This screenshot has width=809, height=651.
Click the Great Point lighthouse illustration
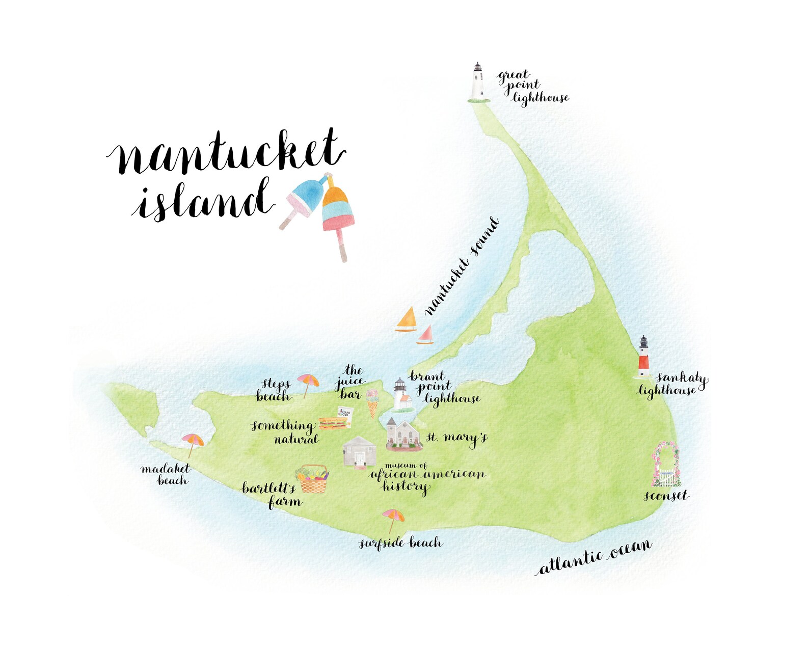[x=477, y=83]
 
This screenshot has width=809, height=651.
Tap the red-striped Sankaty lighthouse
[x=644, y=358]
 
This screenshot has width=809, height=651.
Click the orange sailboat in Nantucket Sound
[x=407, y=320]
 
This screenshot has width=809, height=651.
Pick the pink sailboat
[x=425, y=336]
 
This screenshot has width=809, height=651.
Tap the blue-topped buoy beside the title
[x=305, y=199]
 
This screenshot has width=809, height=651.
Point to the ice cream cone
[x=372, y=402]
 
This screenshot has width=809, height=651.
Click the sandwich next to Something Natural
[x=333, y=423]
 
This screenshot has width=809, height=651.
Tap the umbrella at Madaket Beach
[x=193, y=442]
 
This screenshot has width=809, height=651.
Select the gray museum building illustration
[x=360, y=451]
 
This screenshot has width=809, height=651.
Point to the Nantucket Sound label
[x=462, y=266]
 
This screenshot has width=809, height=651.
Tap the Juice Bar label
[x=350, y=382]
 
